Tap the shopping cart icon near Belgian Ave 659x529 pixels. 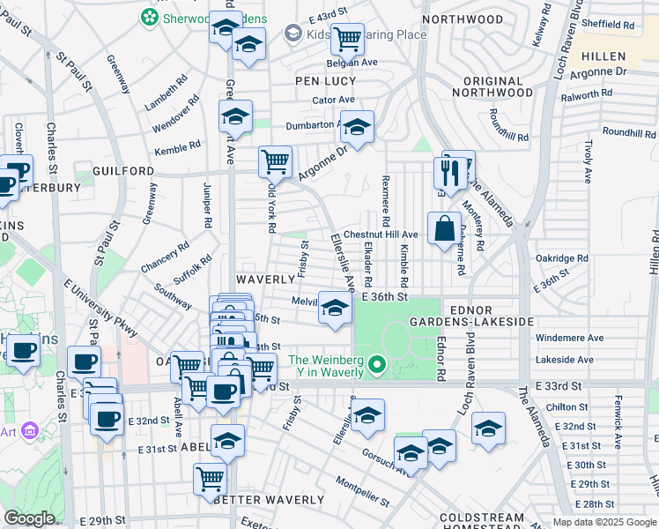tap(347, 38)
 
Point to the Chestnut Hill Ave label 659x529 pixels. tap(381, 235)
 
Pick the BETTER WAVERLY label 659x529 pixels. tap(269, 500)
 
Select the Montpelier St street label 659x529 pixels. tap(362, 493)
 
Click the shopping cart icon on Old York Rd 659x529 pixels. tap(276, 161)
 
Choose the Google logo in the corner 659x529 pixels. tap(28, 519)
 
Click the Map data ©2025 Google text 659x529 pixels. tap(603, 522)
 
